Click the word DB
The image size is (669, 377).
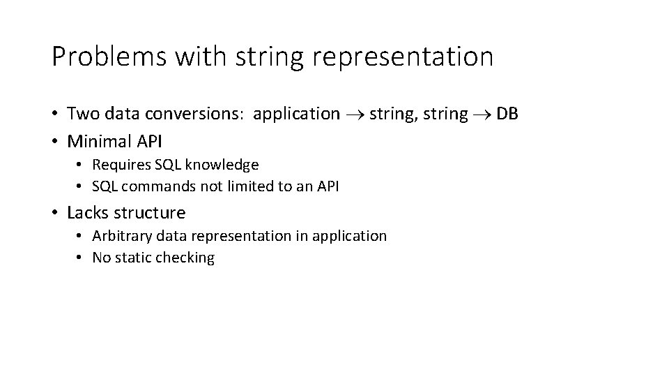pos(507,114)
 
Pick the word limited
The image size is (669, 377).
pos(239,186)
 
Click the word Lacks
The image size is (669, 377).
pos(87,212)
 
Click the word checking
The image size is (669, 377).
pos(185,258)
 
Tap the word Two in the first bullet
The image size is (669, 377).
pos(82,114)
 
